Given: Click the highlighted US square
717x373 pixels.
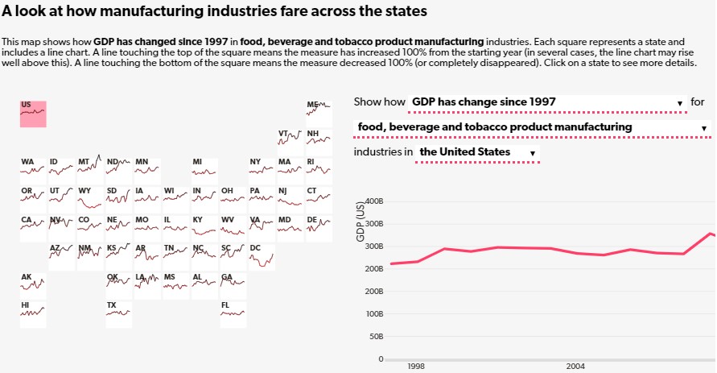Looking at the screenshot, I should pyautogui.click(x=33, y=114).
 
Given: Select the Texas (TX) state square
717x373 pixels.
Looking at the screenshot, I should pyautogui.click(x=118, y=314).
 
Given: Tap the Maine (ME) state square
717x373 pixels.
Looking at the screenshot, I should pyautogui.click(x=319, y=114).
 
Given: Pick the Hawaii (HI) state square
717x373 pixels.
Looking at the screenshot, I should pyautogui.click(x=33, y=314).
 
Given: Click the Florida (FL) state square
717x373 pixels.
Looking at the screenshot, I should pyautogui.click(x=233, y=314).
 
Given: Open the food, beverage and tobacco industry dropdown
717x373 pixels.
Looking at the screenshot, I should pyautogui.click(x=533, y=127).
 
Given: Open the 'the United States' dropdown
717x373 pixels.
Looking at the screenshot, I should pyautogui.click(x=477, y=152).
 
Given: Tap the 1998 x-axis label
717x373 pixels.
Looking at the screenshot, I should pyautogui.click(x=416, y=366).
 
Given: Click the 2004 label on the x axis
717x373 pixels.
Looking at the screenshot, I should pyautogui.click(x=575, y=366).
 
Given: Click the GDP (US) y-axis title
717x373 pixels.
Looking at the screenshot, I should pyautogui.click(x=361, y=222).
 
